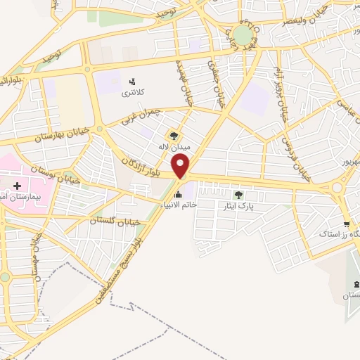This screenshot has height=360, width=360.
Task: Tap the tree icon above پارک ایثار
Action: pyautogui.click(x=238, y=195)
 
